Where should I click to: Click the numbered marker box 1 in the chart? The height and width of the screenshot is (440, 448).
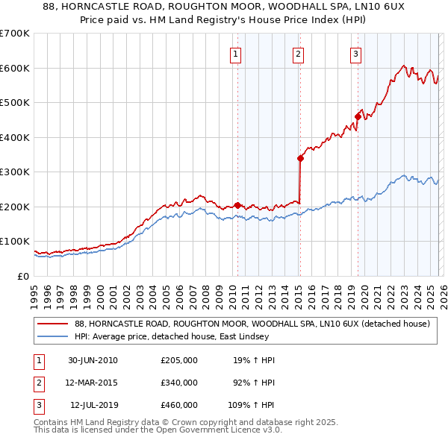coord(236,53)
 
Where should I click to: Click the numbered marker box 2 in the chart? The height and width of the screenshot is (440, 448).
coord(298,53)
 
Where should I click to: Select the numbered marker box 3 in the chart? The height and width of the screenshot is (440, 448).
coord(355,53)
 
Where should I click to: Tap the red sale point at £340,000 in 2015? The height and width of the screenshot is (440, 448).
coord(300,158)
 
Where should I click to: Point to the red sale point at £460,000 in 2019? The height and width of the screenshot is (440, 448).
coord(358,116)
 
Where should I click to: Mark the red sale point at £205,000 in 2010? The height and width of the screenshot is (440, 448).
coord(237,205)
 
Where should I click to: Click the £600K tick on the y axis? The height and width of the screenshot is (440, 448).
coord(16,68)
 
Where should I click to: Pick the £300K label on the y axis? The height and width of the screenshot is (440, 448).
coord(16,172)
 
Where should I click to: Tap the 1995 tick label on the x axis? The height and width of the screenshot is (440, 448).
coord(34,290)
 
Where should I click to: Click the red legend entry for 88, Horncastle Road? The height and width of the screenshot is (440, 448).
coord(252,324)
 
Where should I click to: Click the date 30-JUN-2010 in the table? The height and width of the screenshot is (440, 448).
coord(93,360)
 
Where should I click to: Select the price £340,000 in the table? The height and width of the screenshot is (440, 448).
coord(179,383)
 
